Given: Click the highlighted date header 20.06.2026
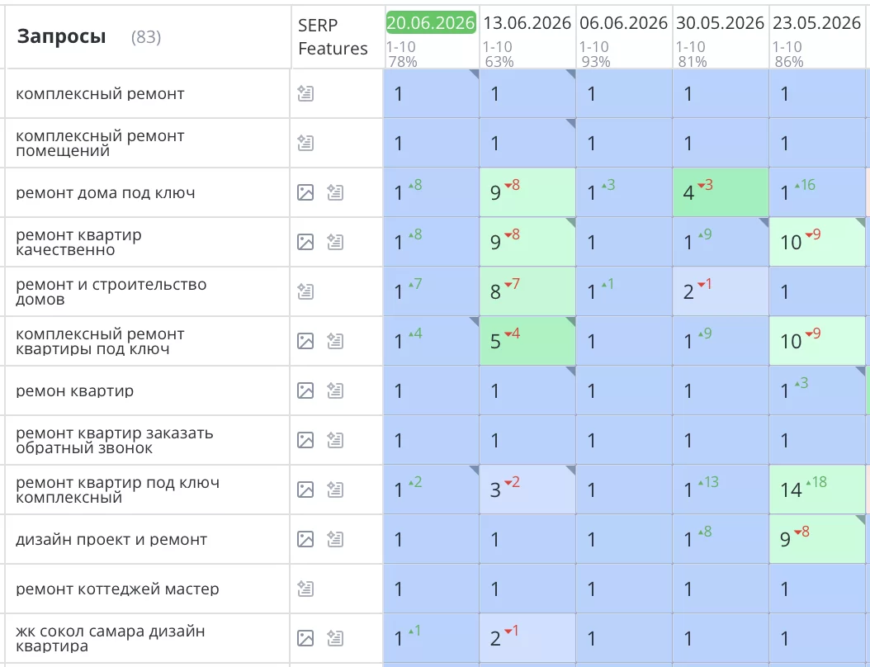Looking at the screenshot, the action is pyautogui.click(x=431, y=23).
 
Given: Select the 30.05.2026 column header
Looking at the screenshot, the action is pyautogui.click(x=721, y=23).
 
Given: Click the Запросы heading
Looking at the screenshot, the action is pyautogui.click(x=61, y=36).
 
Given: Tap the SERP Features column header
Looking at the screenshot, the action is pyautogui.click(x=333, y=36).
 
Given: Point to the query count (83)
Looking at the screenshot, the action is pyautogui.click(x=146, y=37).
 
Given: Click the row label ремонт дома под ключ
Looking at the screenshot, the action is pyautogui.click(x=106, y=193).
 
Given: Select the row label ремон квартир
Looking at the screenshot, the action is pyautogui.click(x=75, y=391).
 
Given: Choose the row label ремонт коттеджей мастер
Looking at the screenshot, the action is pyautogui.click(x=118, y=589).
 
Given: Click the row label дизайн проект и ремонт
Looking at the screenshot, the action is pyautogui.click(x=111, y=539).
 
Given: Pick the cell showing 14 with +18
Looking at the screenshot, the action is pyautogui.click(x=817, y=490).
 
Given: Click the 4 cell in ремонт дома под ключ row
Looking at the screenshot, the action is pyautogui.click(x=721, y=192).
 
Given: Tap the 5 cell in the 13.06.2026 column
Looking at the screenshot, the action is pyautogui.click(x=527, y=341).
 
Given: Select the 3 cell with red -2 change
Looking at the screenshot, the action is pyautogui.click(x=527, y=490).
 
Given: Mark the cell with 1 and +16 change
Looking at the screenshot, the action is pyautogui.click(x=817, y=192).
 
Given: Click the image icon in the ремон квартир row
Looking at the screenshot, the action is pyautogui.click(x=305, y=390).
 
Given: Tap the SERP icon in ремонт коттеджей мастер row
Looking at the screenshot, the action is pyautogui.click(x=305, y=589).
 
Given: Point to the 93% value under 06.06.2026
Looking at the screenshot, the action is pyautogui.click(x=596, y=62).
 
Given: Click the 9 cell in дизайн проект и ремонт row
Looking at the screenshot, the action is pyautogui.click(x=817, y=539).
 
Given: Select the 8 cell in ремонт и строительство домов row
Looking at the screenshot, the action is pyautogui.click(x=527, y=292).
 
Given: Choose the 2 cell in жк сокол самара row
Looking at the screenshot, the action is pyautogui.click(x=527, y=638).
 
